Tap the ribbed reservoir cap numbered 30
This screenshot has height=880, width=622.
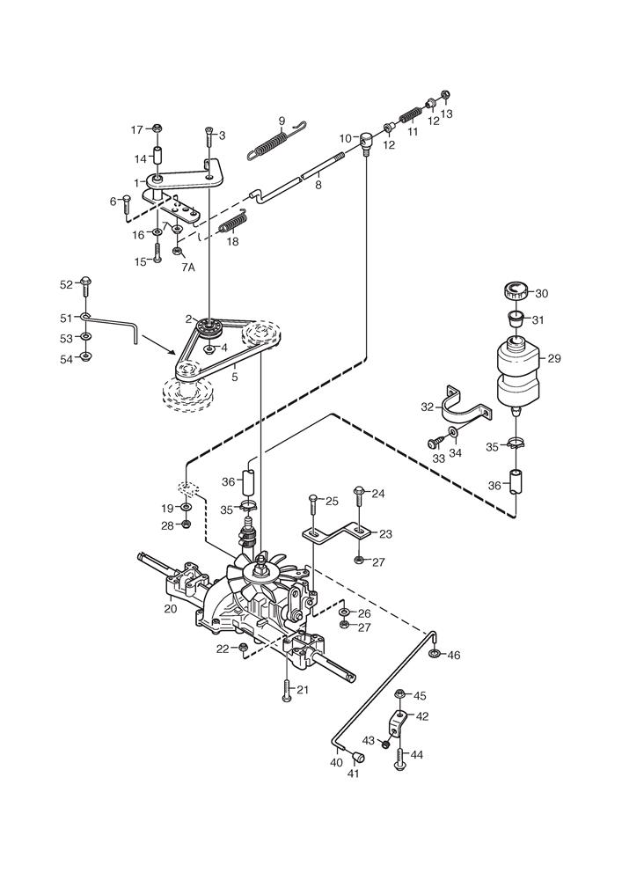pos(516,291)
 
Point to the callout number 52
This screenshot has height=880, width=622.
pos(67,284)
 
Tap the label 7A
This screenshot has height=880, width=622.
pos(188,267)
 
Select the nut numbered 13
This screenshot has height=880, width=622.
pos(443,97)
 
